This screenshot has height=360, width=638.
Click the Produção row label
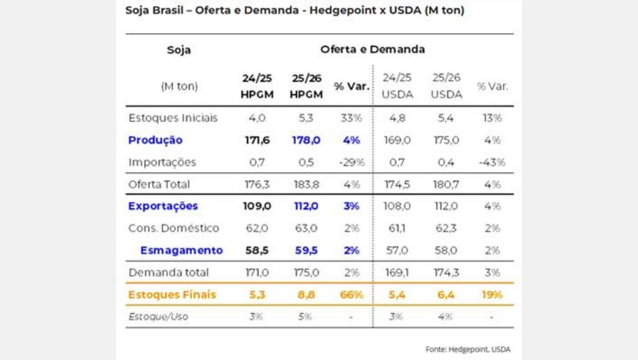coord(155,140)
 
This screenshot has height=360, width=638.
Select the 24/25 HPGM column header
coord(257,86)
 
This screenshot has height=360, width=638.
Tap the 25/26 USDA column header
coord(446,86)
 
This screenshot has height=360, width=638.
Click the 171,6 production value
coord(257,140)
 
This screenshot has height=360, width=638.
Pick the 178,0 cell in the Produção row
coord(306,140)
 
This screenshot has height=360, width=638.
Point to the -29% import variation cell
coord(352,162)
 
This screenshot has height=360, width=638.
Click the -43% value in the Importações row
coord(492,162)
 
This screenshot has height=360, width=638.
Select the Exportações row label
coord(163,206)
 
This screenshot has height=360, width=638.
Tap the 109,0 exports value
coord(257,206)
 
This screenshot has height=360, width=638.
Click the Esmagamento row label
coord(181,250)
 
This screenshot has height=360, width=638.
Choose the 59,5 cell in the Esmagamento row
coord(306,250)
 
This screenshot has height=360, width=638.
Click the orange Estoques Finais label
coord(172,295)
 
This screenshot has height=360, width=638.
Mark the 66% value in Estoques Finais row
coord(352,295)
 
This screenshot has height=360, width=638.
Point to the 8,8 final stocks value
coord(306,295)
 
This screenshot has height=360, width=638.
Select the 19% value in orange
coord(492,295)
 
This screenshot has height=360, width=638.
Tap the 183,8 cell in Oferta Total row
coord(306,184)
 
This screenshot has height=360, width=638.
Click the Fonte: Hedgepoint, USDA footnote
coord(468,349)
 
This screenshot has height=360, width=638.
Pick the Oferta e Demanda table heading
coord(373,50)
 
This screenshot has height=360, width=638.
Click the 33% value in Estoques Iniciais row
coord(352,118)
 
